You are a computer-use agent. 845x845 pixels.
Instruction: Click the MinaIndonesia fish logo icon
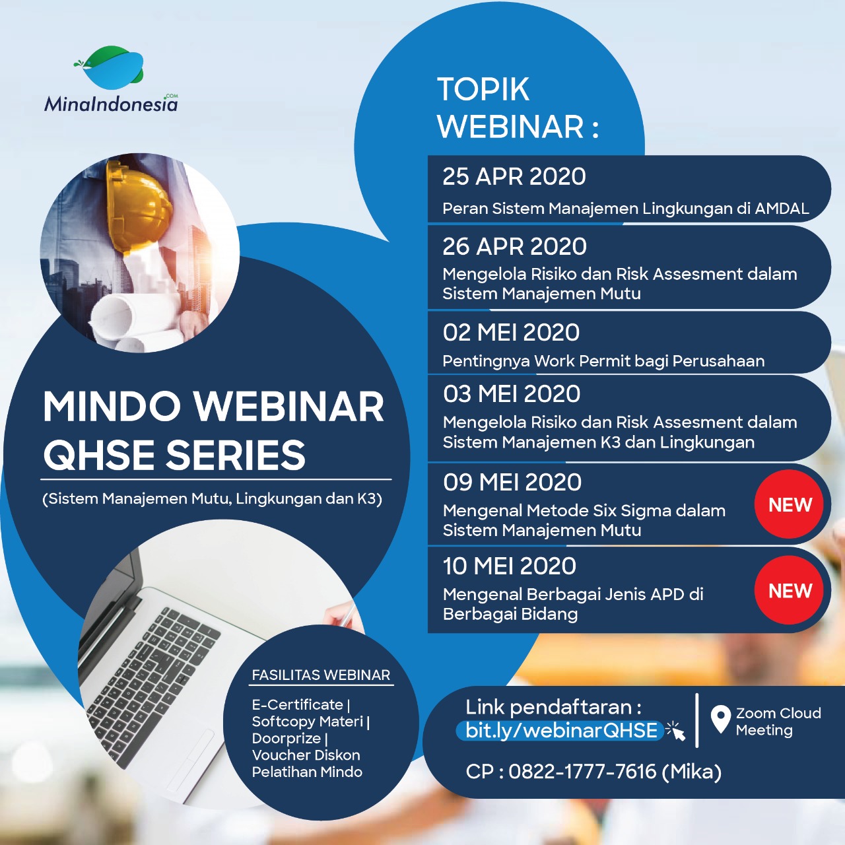109,67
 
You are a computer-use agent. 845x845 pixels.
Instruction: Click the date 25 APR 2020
514,177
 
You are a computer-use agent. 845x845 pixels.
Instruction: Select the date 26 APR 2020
514,246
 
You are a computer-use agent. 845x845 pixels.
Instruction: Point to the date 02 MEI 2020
512,332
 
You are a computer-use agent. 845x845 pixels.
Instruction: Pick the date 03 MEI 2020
512,393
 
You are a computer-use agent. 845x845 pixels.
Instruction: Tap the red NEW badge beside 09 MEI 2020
790,504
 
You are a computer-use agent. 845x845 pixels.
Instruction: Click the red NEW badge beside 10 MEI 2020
790,590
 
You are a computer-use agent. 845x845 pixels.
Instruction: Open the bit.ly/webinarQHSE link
561,731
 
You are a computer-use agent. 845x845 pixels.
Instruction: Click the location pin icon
720,719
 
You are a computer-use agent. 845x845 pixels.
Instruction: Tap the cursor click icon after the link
675,731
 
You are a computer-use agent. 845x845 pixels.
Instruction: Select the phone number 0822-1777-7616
582,772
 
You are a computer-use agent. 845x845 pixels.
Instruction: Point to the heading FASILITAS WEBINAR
321,675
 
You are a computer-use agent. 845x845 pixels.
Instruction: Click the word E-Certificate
297,704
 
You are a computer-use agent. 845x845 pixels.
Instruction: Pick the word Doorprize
287,739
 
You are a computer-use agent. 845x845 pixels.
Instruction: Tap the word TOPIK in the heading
483,90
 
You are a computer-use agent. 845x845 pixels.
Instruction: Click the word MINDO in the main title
112,407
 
